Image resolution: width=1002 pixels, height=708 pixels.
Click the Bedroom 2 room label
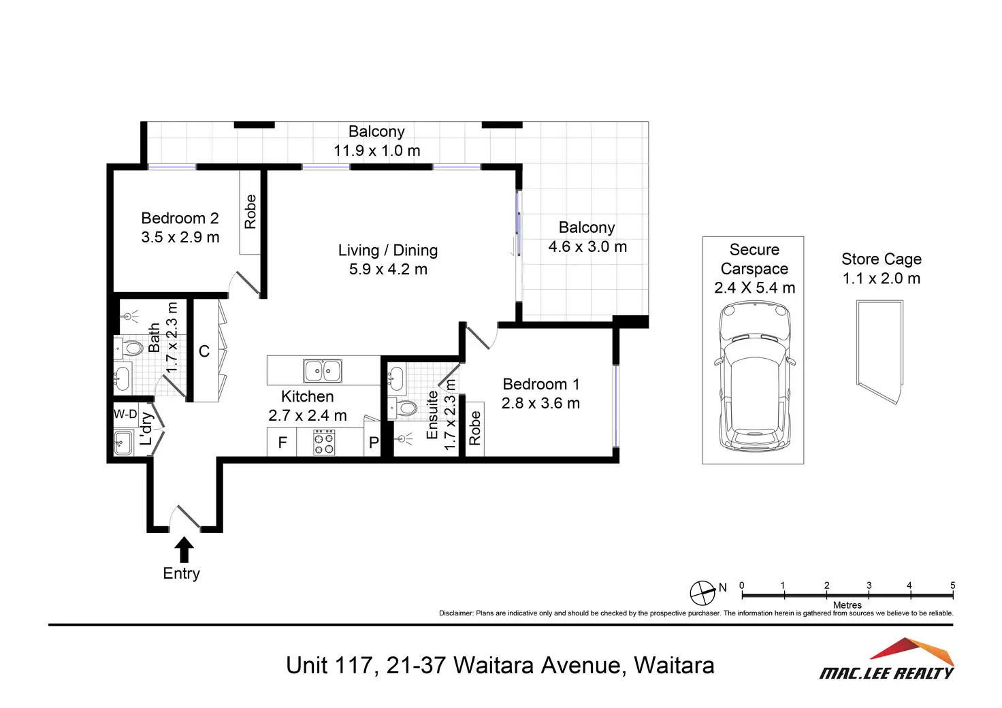click(x=180, y=219)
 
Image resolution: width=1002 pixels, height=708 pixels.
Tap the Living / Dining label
click(x=387, y=251)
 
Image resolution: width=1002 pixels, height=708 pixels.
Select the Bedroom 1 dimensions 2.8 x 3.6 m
click(x=540, y=404)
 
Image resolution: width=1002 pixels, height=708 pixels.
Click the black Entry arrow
click(x=184, y=549)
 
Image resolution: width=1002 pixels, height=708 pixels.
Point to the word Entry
click(x=181, y=573)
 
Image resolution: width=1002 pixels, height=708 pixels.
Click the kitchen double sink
click(x=322, y=371)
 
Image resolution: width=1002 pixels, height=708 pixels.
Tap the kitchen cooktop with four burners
click(x=324, y=443)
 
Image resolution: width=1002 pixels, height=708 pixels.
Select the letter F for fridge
click(x=282, y=443)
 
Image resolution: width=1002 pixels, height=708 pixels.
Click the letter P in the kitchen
click(x=374, y=443)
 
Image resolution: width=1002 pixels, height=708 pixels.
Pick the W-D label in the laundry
click(x=125, y=414)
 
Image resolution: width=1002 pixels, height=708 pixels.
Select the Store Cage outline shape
click(x=879, y=353)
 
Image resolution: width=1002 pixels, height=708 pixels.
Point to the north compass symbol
click(x=702, y=593)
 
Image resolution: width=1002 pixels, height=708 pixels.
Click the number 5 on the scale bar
click(x=952, y=585)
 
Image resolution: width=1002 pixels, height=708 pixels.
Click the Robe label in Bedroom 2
click(x=251, y=212)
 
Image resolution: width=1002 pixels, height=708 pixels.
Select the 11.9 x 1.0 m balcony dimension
click(x=376, y=151)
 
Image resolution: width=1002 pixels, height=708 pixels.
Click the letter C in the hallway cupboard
click(x=204, y=351)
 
